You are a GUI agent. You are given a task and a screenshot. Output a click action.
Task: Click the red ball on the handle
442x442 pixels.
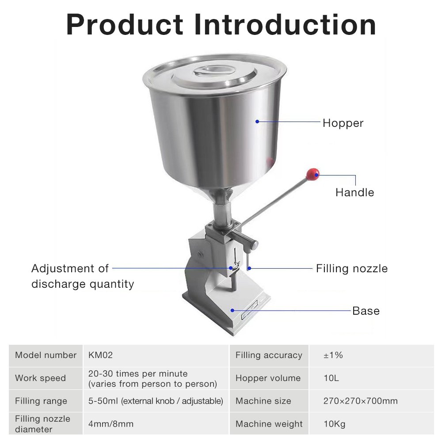pyautogui.click(x=312, y=175)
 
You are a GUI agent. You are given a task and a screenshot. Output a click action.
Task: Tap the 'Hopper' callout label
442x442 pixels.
pyautogui.click(x=343, y=123)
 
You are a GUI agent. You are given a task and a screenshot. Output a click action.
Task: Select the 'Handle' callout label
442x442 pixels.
pyautogui.click(x=354, y=193)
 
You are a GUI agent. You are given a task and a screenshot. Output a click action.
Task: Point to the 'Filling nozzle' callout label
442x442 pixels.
pyautogui.click(x=351, y=269)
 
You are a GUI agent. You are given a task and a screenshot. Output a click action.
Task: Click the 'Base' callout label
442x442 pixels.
pyautogui.click(x=366, y=311)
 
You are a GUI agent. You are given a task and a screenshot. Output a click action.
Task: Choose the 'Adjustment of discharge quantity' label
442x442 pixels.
pyautogui.click(x=83, y=276)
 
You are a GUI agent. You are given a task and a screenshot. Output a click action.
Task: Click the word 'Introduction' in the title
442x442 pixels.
pyautogui.click(x=285, y=25)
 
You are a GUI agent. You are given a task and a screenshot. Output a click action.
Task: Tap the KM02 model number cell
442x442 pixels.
pyautogui.click(x=100, y=355)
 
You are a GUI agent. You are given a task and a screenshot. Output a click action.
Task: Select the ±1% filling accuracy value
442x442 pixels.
pyautogui.click(x=333, y=355)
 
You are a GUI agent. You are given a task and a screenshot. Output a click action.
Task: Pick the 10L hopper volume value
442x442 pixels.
pyautogui.click(x=331, y=378)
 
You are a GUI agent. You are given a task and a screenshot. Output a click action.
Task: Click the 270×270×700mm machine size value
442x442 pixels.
pyautogui.click(x=360, y=400)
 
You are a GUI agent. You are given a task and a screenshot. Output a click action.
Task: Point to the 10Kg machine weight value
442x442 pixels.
pyautogui.click(x=334, y=424)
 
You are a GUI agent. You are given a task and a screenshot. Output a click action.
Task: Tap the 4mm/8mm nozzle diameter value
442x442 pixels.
pyautogui.click(x=111, y=424)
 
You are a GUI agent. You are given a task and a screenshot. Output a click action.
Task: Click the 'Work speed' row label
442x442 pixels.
pyautogui.click(x=40, y=378)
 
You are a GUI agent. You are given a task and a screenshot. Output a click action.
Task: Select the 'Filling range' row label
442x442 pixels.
pyautogui.click(x=41, y=401)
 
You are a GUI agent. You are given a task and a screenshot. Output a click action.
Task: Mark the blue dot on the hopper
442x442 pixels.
pyautogui.click(x=257, y=122)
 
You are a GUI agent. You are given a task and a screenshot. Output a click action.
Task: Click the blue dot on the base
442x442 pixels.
pyautogui.click(x=232, y=310)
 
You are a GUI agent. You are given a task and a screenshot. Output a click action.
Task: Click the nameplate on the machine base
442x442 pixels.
pyautogui.click(x=249, y=309)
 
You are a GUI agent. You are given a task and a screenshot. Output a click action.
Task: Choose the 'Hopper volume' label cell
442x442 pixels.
pyautogui.click(x=268, y=378)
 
